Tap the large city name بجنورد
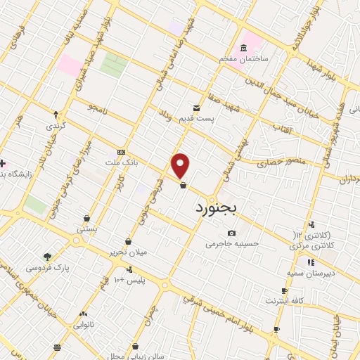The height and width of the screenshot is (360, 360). pos(217,208)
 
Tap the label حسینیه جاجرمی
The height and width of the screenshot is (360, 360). pos(232,245)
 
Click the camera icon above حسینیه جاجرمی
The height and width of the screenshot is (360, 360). pos(232,233)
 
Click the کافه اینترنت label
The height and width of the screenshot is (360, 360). pos(283,301)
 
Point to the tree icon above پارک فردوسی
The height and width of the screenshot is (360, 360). pos(47,257)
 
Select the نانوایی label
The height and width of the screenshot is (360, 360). pos(84,326)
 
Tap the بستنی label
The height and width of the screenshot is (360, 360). pos(86,229)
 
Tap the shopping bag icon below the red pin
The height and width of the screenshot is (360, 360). pos(183,186)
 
